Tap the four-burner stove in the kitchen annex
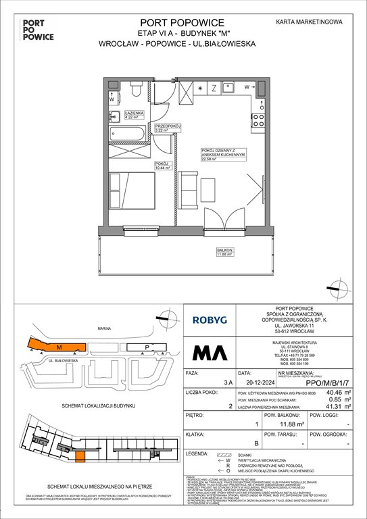coord(258,120)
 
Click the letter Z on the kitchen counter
coord(213,88)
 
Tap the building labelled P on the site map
coord(147,348)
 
